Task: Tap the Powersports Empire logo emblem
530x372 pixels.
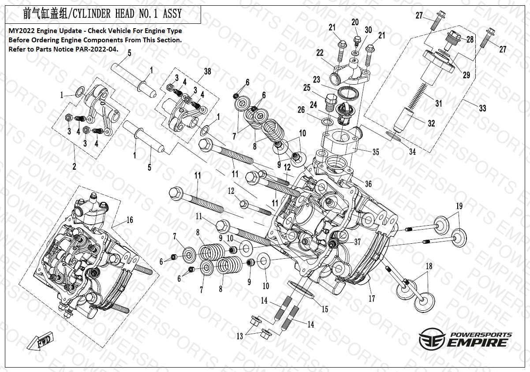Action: point(431,340)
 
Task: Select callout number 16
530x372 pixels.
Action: point(129,220)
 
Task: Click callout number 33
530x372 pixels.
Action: point(482,108)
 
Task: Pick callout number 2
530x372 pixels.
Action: point(74,167)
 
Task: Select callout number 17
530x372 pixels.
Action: point(372,299)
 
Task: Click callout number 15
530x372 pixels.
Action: point(325,309)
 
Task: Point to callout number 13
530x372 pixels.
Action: point(239,336)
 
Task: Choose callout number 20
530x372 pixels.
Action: point(355,22)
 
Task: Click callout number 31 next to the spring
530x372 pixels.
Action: point(438,104)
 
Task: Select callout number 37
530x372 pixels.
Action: point(357,242)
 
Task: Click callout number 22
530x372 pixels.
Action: point(320,53)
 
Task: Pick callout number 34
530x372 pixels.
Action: point(412,152)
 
